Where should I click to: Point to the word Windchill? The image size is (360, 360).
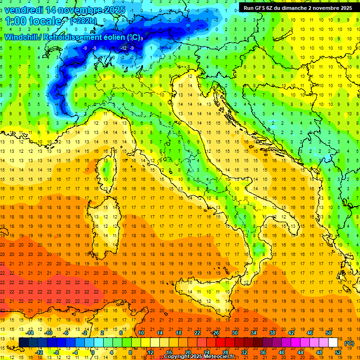coord(21,37)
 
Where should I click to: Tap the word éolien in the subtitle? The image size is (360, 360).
coord(122,37)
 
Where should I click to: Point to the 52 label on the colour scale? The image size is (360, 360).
coord(338,352)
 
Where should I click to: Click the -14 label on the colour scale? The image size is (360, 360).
coord(30,332)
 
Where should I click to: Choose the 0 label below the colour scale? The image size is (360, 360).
coord(93,352)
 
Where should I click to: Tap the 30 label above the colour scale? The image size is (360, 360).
coord(234,332)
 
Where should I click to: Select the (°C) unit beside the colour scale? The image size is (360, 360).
coord(349,343)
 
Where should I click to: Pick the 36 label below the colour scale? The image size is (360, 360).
coord(262,352)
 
